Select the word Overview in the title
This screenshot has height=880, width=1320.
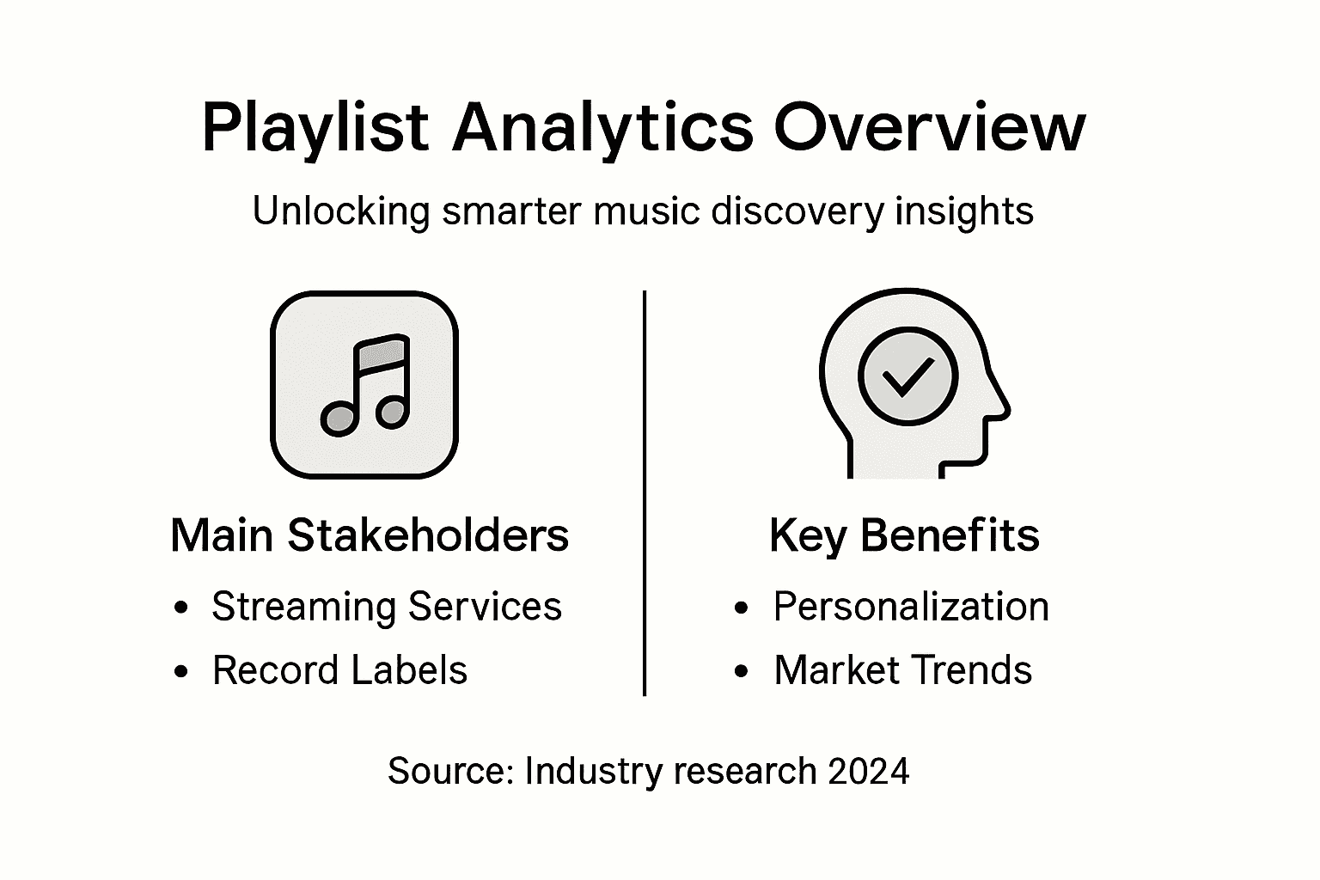(x=930, y=127)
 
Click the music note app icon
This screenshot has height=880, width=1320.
(x=364, y=384)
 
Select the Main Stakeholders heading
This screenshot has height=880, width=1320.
(x=370, y=535)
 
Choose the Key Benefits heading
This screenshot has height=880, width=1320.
(x=904, y=535)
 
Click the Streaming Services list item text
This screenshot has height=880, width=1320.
(x=387, y=606)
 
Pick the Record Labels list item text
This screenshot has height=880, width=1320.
(x=339, y=670)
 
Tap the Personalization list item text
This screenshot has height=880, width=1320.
(x=911, y=607)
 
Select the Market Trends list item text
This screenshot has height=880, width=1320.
(x=902, y=670)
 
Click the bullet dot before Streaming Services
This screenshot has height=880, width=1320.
(x=180, y=608)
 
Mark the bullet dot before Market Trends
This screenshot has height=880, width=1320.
(x=742, y=672)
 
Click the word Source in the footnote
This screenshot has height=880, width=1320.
(x=449, y=771)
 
